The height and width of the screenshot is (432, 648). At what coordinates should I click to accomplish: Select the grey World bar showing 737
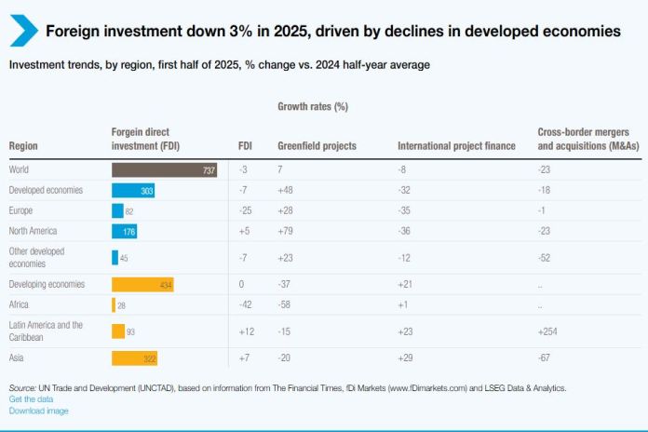(164, 169)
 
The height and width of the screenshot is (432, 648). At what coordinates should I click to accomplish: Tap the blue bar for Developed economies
(133, 190)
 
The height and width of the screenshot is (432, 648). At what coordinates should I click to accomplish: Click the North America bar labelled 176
(124, 231)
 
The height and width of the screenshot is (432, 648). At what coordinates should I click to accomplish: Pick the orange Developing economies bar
(142, 284)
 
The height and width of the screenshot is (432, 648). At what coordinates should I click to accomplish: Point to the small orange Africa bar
(114, 305)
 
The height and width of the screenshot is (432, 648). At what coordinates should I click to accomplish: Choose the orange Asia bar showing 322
(135, 358)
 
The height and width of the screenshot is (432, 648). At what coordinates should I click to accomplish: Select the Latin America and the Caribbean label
(46, 331)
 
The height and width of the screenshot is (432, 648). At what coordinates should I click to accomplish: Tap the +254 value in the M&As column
(547, 331)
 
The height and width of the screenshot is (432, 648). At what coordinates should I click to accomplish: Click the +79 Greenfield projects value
(285, 231)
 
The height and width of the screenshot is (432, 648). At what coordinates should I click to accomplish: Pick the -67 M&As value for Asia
(545, 358)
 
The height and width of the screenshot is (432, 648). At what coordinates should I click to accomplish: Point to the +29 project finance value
(405, 358)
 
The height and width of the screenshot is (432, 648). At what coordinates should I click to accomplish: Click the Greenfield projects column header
(317, 146)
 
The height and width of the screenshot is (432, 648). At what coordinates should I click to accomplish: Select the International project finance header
(456, 146)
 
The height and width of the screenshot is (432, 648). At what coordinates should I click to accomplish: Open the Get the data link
(31, 399)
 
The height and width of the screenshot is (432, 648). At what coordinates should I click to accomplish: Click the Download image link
(38, 411)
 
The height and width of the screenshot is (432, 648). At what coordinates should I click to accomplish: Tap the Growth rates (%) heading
(312, 107)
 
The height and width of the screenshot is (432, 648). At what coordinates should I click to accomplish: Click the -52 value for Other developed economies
(545, 257)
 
